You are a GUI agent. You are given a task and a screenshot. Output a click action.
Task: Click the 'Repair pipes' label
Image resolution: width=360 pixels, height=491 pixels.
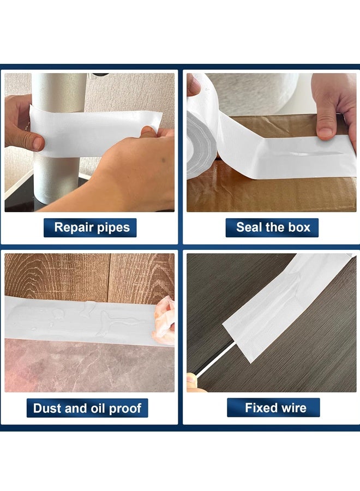pos(90,227)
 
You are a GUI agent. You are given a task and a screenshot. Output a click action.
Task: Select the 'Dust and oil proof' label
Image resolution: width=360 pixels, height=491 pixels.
pos(87,408)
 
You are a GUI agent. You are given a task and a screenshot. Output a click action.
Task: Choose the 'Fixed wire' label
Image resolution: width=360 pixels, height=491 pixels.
pos(273,408)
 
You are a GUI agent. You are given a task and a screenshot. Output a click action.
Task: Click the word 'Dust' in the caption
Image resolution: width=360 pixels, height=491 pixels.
pos(45,408)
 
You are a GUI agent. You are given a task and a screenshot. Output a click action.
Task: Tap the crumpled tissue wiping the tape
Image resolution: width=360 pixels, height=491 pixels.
pos(164,322)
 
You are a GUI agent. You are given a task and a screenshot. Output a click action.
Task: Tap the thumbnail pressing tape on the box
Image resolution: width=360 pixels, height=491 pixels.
pos(326,132)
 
